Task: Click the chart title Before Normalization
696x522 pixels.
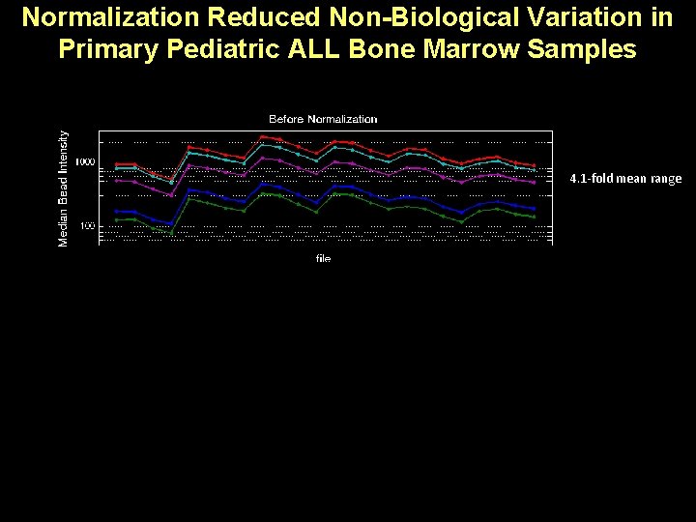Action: pos(323,119)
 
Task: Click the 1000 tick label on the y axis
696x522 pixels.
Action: pos(85,162)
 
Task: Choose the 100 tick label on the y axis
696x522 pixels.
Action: pos(87,226)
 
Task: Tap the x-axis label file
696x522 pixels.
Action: pos(323,259)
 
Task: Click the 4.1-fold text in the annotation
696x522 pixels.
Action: pos(592,179)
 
